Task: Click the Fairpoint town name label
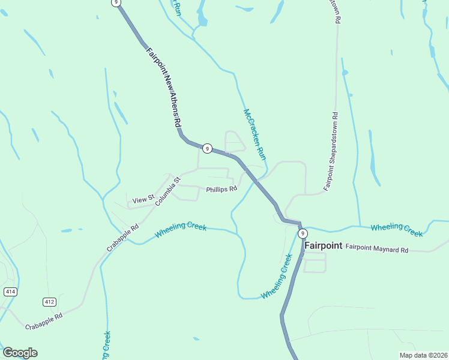tap(323, 245)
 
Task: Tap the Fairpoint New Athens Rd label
tap(163, 86)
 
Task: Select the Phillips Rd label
tap(221, 189)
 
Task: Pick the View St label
tap(143, 199)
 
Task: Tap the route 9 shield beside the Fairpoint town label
tap(303, 233)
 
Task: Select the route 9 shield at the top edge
tap(116, 3)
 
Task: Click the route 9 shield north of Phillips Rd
tap(206, 148)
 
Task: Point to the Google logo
tap(20, 353)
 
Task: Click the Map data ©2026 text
tap(423, 355)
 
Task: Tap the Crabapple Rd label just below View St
tap(122, 238)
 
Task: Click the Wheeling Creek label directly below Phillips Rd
tap(181, 230)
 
